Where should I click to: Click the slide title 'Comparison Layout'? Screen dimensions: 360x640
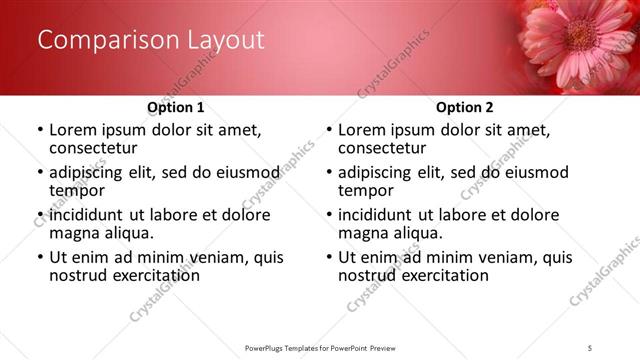coord(151,40)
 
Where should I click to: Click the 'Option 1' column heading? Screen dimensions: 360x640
coord(176,107)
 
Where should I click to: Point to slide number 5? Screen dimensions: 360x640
coord(590,347)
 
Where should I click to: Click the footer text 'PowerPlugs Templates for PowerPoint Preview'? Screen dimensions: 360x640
coord(319,347)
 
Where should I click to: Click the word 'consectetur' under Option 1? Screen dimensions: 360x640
coord(93,148)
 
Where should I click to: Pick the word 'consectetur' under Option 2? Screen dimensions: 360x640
coord(382,148)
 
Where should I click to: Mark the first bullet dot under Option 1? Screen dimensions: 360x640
coord(40,131)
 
